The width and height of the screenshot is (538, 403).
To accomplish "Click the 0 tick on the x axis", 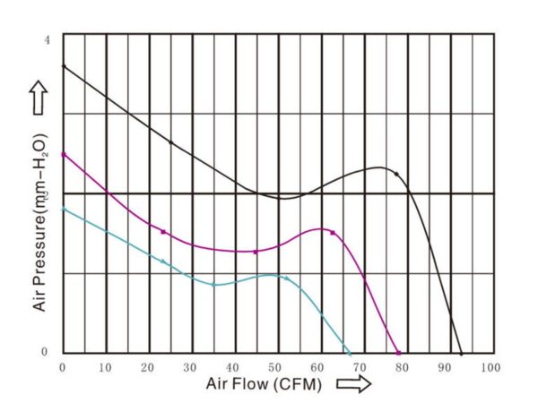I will click(62, 367).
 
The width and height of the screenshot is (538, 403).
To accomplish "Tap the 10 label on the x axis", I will click(105, 367).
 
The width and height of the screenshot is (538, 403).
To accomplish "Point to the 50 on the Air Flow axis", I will click(275, 367).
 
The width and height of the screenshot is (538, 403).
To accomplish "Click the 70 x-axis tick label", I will click(360, 367).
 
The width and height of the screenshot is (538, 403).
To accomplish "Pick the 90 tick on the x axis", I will click(446, 367).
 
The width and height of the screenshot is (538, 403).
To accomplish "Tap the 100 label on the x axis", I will click(489, 367).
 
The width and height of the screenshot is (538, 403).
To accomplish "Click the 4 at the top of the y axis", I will click(47, 40).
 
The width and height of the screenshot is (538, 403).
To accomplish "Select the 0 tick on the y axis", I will click(47, 352).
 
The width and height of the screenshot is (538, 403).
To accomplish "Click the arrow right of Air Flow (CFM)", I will click(354, 385).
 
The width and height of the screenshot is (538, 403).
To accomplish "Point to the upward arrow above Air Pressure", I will click(39, 97).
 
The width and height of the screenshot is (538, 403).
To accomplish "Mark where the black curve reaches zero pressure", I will click(461, 354).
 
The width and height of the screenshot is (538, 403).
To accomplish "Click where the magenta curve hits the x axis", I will click(398, 354).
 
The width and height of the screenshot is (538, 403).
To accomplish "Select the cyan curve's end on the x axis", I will click(349, 354).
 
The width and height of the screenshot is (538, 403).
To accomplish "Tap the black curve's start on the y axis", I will click(62, 65).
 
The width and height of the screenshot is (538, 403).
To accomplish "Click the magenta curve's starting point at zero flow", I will click(62, 153).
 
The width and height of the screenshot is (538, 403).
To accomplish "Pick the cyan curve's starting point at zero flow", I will click(62, 209).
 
